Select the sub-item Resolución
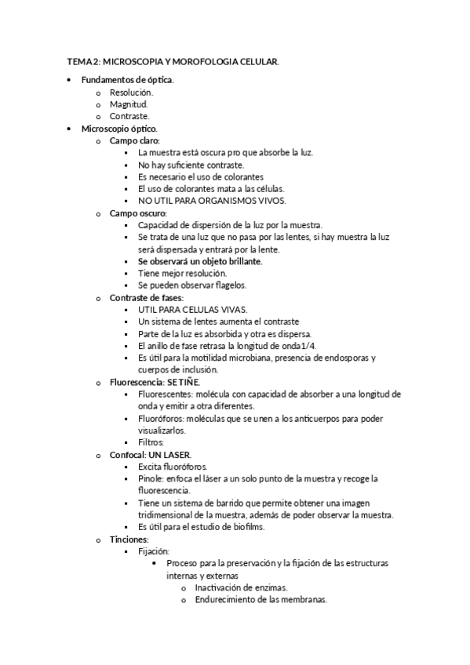(132, 93)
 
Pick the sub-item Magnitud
(129, 104)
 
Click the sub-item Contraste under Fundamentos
(129, 116)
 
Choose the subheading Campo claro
(134, 140)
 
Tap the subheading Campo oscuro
(137, 213)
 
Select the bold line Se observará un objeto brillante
(199, 261)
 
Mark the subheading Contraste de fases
(147, 298)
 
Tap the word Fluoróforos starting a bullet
(157, 419)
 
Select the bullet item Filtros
(151, 442)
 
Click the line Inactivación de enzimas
(241, 587)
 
